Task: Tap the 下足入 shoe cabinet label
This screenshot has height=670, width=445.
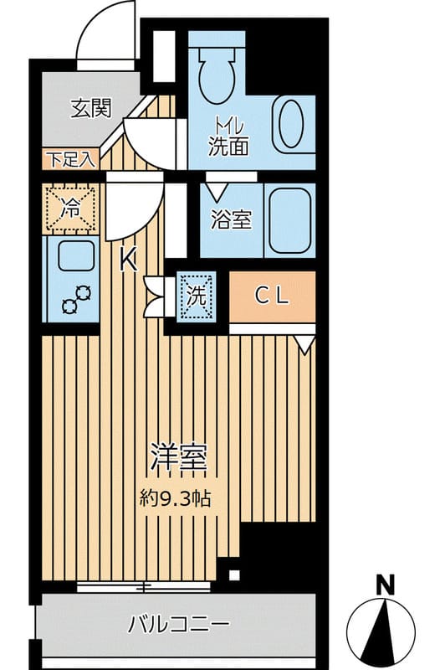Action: click(x=70, y=160)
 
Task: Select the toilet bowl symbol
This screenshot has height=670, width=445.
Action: click(x=217, y=78)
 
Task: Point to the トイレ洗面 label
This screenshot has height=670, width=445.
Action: click(x=228, y=137)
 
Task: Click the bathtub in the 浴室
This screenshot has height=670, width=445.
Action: click(x=289, y=220)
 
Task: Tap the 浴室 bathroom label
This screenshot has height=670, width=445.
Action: click(x=232, y=219)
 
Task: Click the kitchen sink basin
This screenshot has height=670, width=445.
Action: click(x=76, y=256)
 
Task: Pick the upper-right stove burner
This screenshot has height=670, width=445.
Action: click(x=83, y=293)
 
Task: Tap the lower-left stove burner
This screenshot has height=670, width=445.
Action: click(x=69, y=307)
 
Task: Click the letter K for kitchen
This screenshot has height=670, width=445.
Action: click(x=129, y=260)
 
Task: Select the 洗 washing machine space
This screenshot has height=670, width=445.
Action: click(x=197, y=296)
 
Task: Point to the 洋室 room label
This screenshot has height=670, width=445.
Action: click(x=180, y=459)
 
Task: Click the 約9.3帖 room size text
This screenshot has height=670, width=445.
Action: click(x=176, y=497)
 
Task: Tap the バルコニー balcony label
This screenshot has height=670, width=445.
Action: click(x=179, y=625)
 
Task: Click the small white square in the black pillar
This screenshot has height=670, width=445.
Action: click(x=234, y=574)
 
